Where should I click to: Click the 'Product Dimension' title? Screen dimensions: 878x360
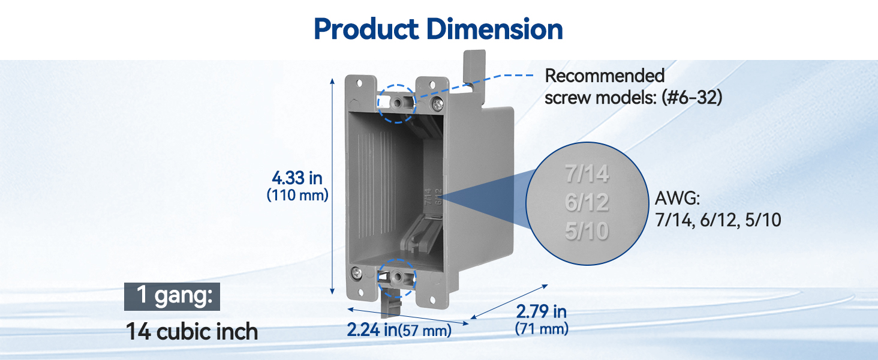click(438, 29)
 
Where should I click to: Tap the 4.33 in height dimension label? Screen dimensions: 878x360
click(297, 178)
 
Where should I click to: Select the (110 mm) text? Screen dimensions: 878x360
click(297, 195)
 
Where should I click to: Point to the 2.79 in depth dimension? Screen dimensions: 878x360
click(542, 312)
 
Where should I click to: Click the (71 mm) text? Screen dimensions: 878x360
click(542, 328)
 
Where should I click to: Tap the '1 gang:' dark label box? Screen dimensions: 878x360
click(172, 296)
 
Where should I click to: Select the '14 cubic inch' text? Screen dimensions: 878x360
click(192, 332)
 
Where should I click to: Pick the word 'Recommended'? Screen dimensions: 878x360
click(605, 76)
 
